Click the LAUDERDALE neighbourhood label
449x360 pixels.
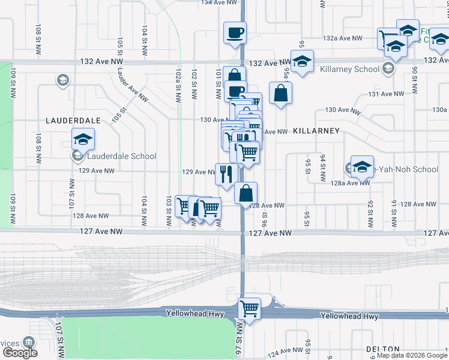(73, 120)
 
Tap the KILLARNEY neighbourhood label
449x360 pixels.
(316, 131)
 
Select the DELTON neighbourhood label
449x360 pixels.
(382, 349)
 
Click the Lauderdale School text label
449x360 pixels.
(121, 156)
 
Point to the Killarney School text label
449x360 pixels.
(350, 69)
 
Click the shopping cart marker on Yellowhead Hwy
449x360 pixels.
(249, 309)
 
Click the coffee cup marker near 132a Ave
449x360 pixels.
(235, 32)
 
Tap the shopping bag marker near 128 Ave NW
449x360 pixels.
(246, 193)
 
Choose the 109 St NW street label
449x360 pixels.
(11, 88)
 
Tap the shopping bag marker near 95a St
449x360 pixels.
(280, 93)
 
